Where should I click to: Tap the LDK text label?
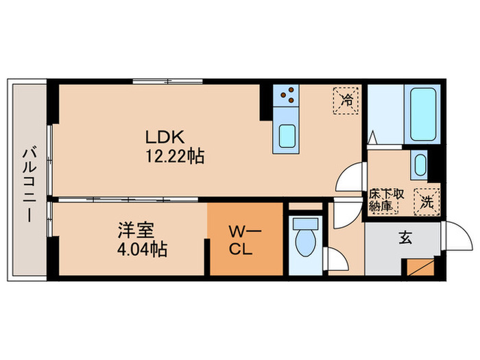160,134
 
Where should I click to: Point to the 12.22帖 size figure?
174,156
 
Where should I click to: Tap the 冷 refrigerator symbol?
347,99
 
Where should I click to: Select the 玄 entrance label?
405,239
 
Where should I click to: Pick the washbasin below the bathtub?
420,165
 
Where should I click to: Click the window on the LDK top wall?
162,82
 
